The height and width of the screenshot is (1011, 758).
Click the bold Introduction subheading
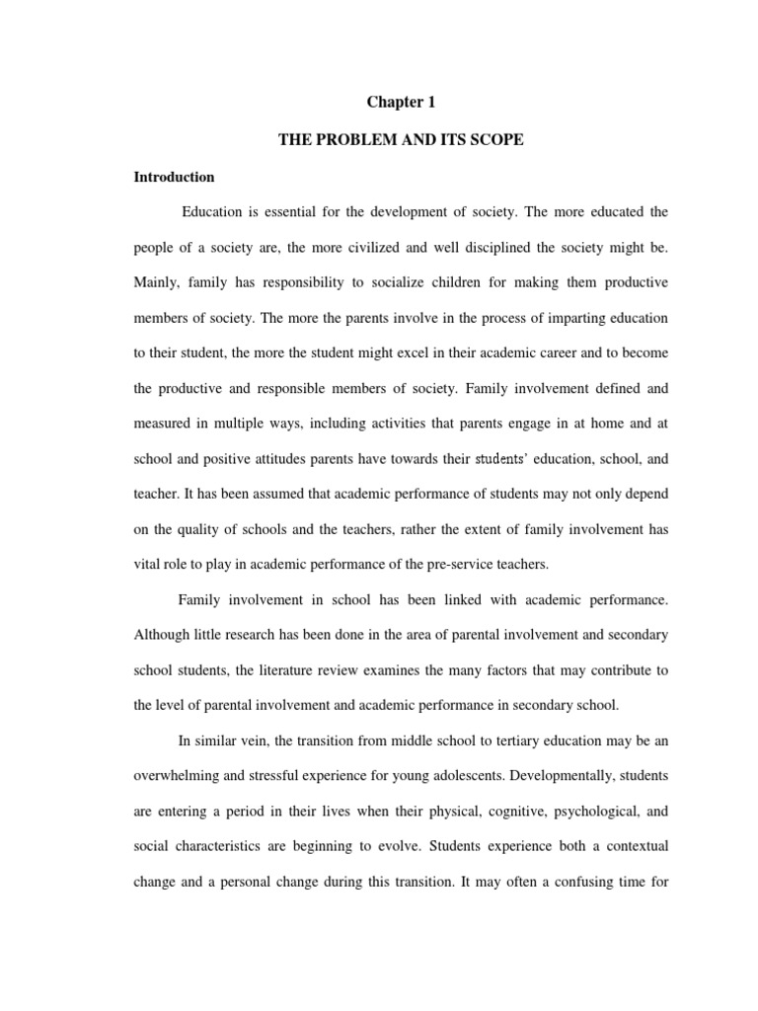tap(175, 178)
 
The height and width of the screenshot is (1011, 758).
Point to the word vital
tap(148, 565)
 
